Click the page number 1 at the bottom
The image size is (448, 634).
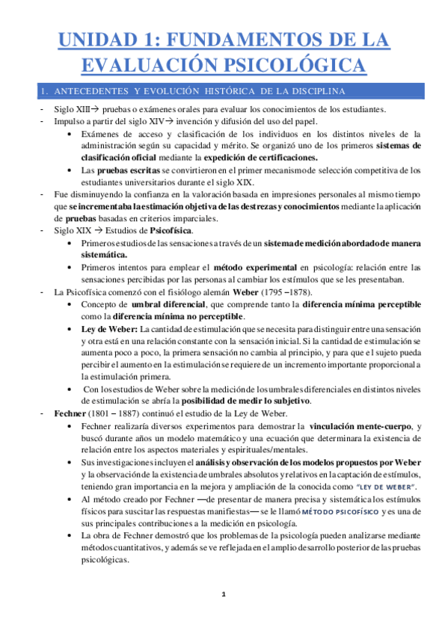(224, 594)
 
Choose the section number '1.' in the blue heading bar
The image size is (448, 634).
(45, 91)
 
